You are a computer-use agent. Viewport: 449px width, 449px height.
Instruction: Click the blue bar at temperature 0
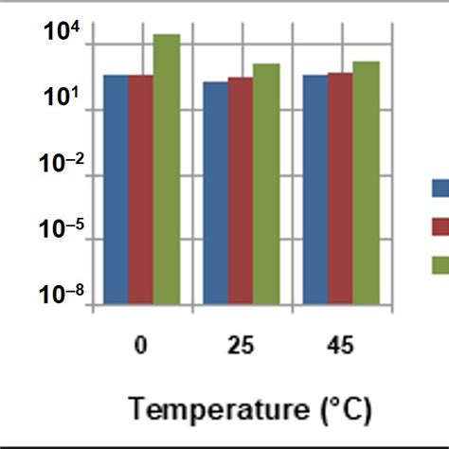pyautogui.click(x=117, y=189)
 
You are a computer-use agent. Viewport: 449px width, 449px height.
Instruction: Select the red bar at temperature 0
pyautogui.click(x=141, y=189)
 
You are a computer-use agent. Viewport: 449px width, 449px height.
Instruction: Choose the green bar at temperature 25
pyautogui.click(x=266, y=184)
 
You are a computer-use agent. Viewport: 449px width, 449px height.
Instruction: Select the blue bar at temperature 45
pyautogui.click(x=315, y=189)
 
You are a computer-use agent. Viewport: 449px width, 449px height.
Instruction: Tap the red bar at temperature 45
pyautogui.click(x=340, y=188)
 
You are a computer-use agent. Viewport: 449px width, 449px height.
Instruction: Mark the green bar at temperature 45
pyautogui.click(x=366, y=183)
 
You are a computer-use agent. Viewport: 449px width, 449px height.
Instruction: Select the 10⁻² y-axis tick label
pyautogui.click(x=63, y=164)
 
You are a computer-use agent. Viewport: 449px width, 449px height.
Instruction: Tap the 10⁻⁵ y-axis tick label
pyautogui.click(x=63, y=229)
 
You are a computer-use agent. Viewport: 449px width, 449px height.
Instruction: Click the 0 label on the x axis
pyautogui.click(x=141, y=346)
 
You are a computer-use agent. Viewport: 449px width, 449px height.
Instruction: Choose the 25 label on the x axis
pyautogui.click(x=241, y=346)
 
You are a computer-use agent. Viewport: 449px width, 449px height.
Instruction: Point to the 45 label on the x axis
pyautogui.click(x=340, y=346)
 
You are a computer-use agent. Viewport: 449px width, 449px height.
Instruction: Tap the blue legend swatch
pyautogui.click(x=440, y=189)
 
